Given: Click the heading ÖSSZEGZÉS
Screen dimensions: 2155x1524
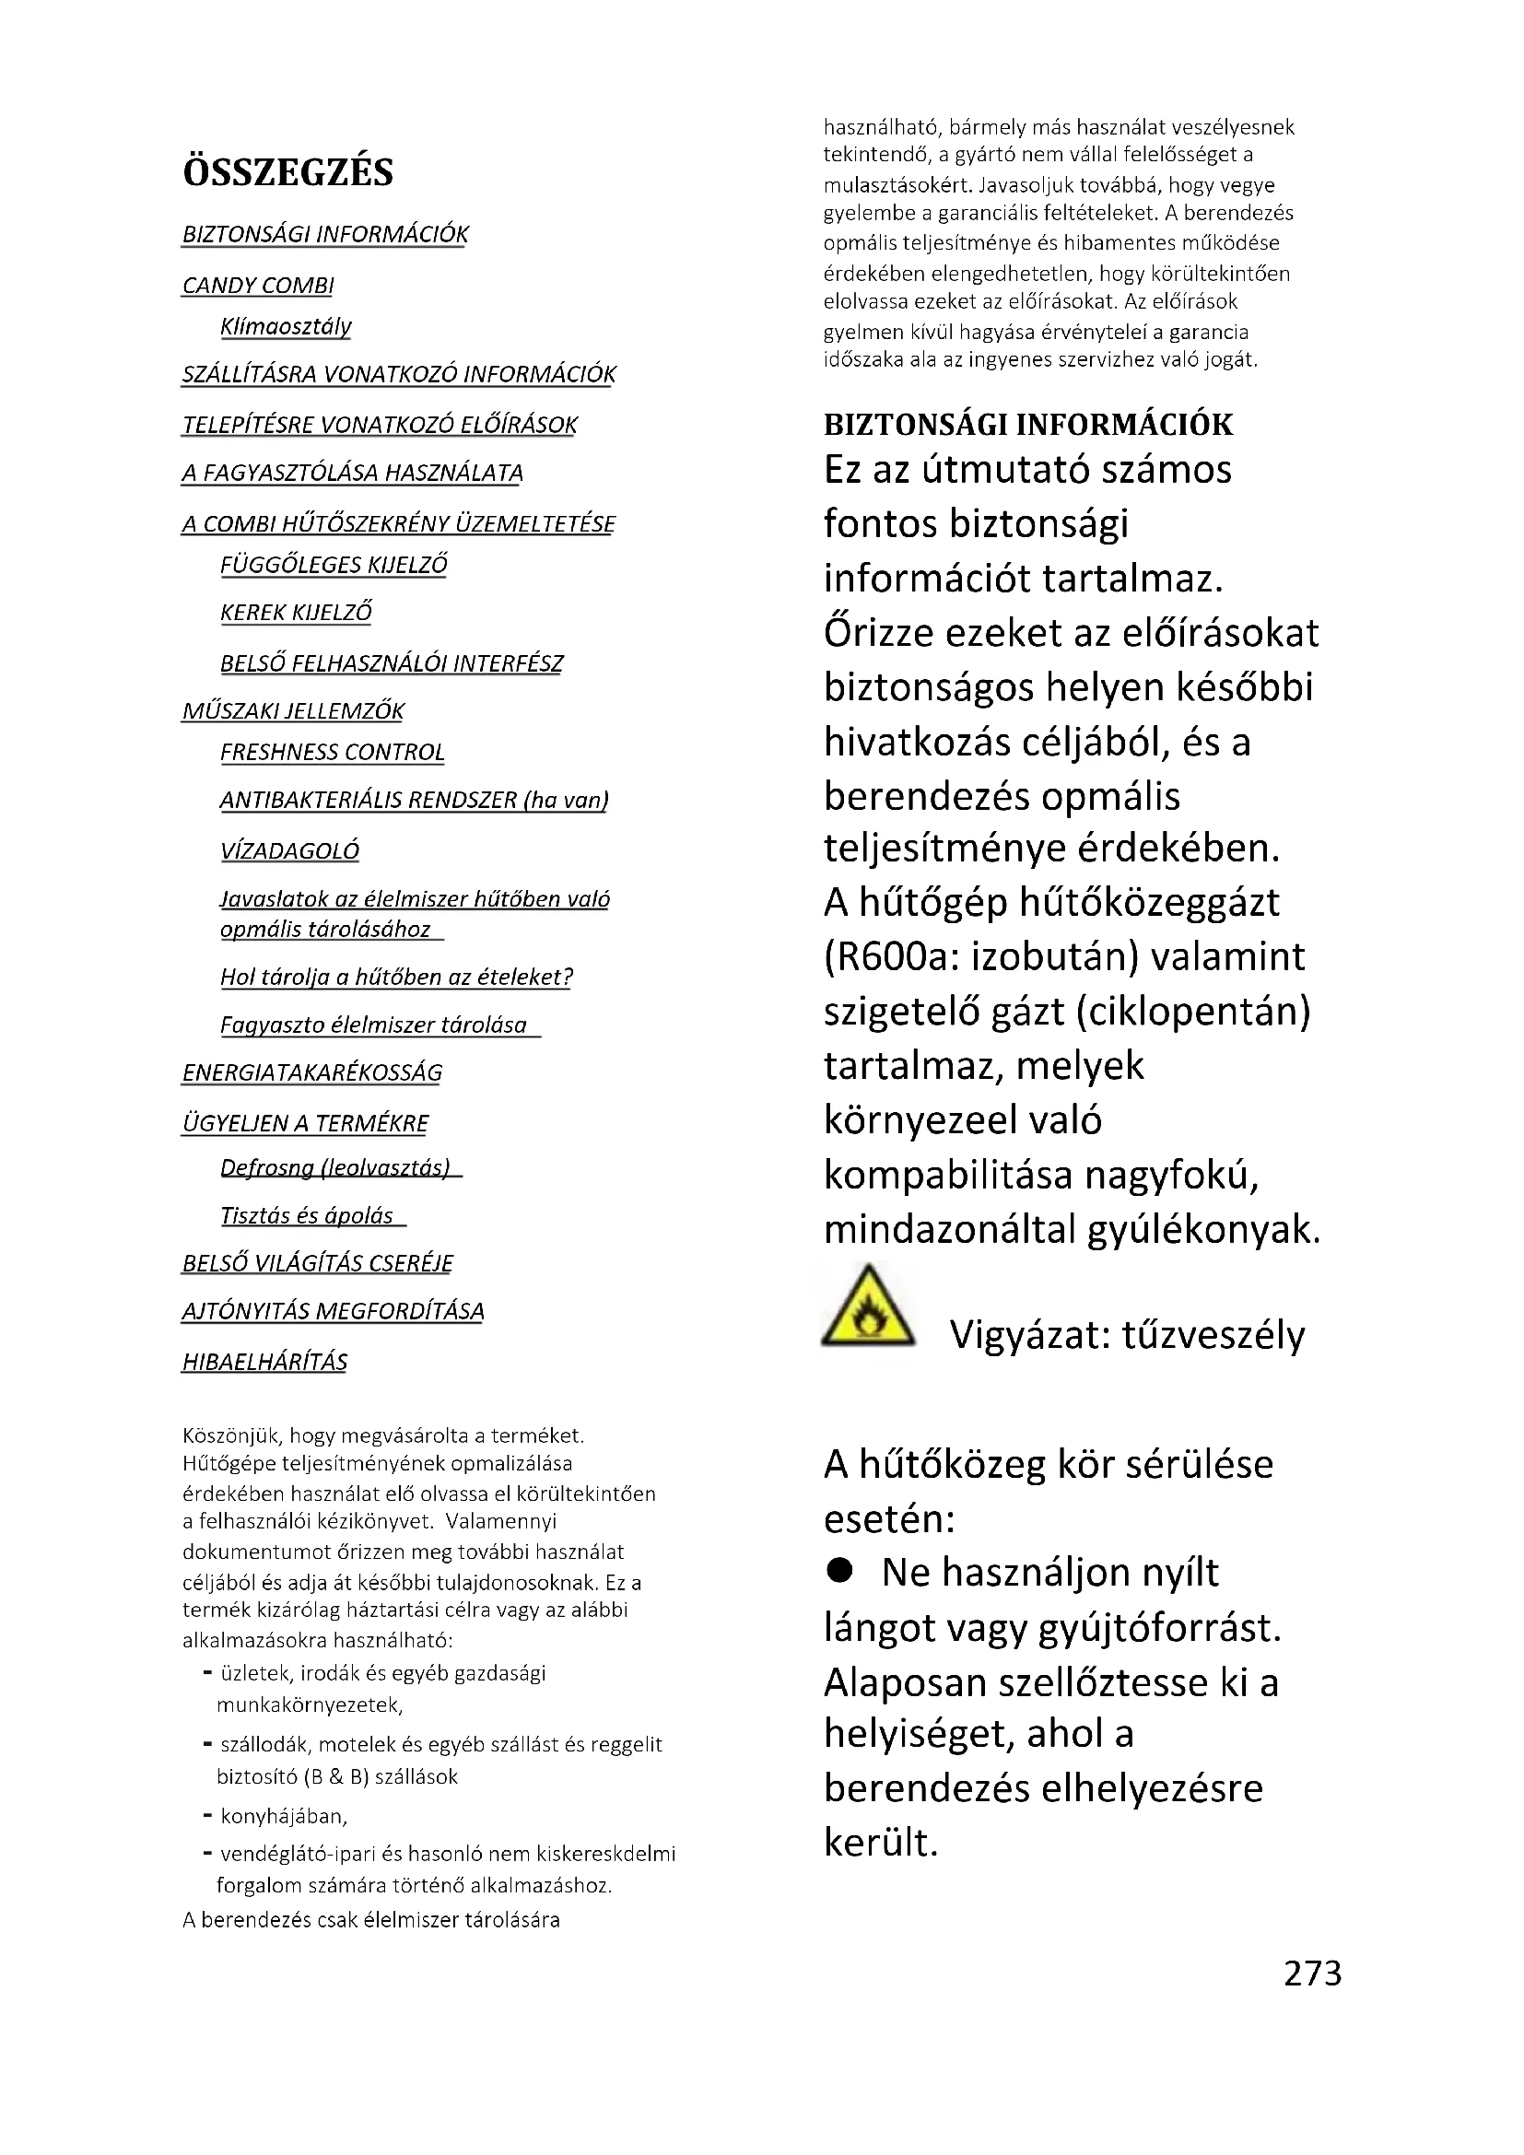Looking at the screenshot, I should pyautogui.click(x=288, y=172).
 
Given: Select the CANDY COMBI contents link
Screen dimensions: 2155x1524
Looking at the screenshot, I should pyautogui.click(x=258, y=286).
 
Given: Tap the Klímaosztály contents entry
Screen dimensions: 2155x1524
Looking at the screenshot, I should pyautogui.click(x=286, y=327).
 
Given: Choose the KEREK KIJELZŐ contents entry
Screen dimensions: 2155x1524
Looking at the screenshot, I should pyautogui.click(x=296, y=613).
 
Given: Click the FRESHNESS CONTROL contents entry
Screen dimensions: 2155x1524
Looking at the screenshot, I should pyautogui.click(x=333, y=753).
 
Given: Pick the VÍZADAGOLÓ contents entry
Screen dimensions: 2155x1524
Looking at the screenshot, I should pyautogui.click(x=289, y=851).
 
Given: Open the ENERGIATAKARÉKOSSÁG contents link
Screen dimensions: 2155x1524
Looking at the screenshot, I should pyautogui.click(x=311, y=1072).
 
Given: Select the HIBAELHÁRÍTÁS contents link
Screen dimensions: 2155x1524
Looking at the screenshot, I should pyautogui.click(x=264, y=1362).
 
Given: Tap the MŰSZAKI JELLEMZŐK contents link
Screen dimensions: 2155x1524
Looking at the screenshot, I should pyautogui.click(x=293, y=711).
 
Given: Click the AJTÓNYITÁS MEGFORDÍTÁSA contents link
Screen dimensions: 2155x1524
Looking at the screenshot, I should pyautogui.click(x=334, y=1311).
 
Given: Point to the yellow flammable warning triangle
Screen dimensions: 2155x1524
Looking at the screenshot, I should pyautogui.click(x=867, y=1307).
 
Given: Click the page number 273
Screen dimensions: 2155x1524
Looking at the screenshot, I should pyautogui.click(x=1312, y=1973).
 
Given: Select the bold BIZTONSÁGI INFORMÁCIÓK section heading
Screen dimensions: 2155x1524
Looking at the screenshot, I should pyautogui.click(x=1027, y=424).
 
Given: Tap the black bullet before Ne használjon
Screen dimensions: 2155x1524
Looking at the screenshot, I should pyautogui.click(x=839, y=1571).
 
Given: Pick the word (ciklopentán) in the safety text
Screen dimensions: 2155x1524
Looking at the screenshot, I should pyautogui.click(x=1192, y=1012).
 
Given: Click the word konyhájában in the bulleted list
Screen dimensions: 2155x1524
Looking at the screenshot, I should pyautogui.click(x=283, y=1816).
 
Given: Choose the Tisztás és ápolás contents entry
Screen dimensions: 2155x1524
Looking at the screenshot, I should pyautogui.click(x=307, y=1216).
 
